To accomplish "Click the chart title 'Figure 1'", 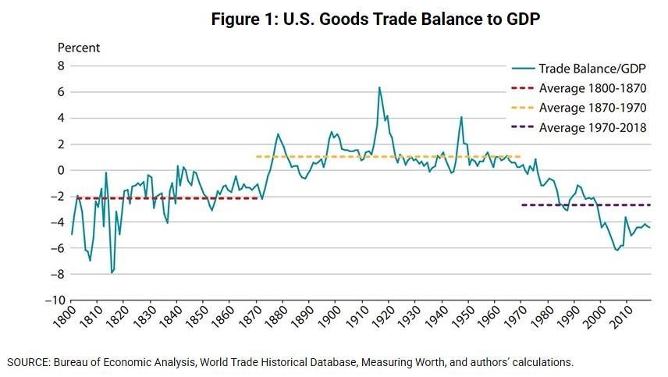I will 375,20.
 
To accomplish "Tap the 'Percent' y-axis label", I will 79,48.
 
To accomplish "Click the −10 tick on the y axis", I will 55,301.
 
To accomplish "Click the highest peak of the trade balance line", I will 379,87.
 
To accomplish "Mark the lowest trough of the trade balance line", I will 112,273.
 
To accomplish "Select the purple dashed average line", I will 585,205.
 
